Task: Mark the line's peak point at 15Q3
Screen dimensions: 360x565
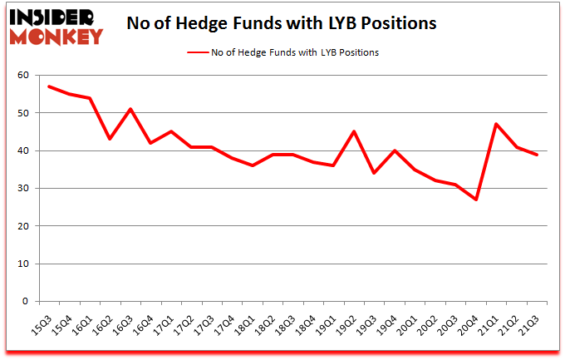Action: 50,86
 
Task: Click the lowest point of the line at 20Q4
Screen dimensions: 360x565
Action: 477,200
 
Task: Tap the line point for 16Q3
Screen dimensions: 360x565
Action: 131,109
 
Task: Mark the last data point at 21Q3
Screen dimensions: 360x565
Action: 538,155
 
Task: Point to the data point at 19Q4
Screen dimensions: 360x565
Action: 395,150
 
